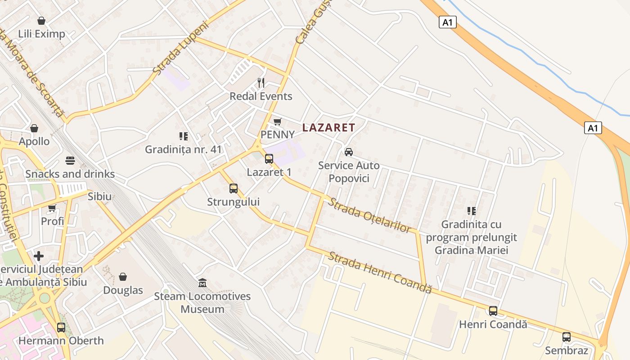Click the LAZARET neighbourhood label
click(x=328, y=128)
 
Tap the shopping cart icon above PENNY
click(x=278, y=122)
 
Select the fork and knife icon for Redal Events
click(x=261, y=83)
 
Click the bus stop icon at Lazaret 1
click(x=269, y=159)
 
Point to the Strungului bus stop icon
click(x=234, y=189)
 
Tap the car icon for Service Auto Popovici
click(x=348, y=152)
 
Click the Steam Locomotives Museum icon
click(x=202, y=283)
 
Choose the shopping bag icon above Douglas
click(x=123, y=277)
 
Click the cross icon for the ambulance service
click(x=39, y=256)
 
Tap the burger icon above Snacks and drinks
click(x=70, y=161)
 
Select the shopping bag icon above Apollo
click(x=34, y=128)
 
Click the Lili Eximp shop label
click(x=41, y=34)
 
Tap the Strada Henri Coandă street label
click(x=380, y=273)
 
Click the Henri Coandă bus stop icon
click(x=493, y=311)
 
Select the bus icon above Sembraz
click(x=567, y=337)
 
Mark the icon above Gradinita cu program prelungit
click(x=472, y=211)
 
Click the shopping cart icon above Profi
click(x=52, y=208)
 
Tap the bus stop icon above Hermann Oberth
click(x=61, y=328)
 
